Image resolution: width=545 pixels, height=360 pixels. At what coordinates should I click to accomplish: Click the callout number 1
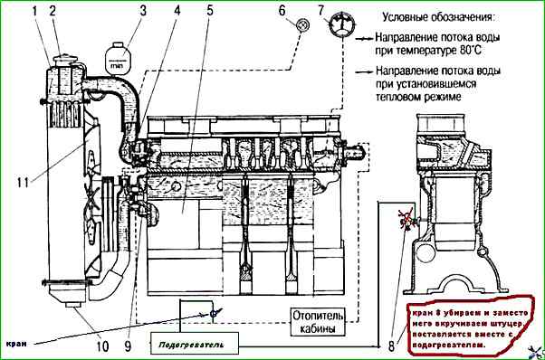(34, 12)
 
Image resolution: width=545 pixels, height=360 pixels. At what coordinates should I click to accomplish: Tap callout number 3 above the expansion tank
(143, 11)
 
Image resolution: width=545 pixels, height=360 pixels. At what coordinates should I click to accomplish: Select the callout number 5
(210, 11)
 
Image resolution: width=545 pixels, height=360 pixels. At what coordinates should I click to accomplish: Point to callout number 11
(23, 182)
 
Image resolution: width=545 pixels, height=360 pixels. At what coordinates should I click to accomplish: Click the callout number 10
(102, 346)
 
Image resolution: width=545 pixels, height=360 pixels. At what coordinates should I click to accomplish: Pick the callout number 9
(128, 346)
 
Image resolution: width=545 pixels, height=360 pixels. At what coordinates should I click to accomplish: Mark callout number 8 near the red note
(391, 346)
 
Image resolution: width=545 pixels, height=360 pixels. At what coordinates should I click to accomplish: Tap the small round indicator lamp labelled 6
(302, 24)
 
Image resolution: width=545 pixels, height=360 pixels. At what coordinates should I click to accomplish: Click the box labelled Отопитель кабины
(318, 321)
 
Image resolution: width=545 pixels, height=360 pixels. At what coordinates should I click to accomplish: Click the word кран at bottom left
(16, 344)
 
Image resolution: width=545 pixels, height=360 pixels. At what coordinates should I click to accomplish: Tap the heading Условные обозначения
(438, 16)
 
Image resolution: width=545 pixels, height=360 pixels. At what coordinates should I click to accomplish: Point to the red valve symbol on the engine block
(406, 219)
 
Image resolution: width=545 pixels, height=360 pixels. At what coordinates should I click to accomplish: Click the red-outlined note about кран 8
(471, 326)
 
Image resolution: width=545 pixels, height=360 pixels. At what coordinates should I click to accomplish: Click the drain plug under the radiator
(73, 305)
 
